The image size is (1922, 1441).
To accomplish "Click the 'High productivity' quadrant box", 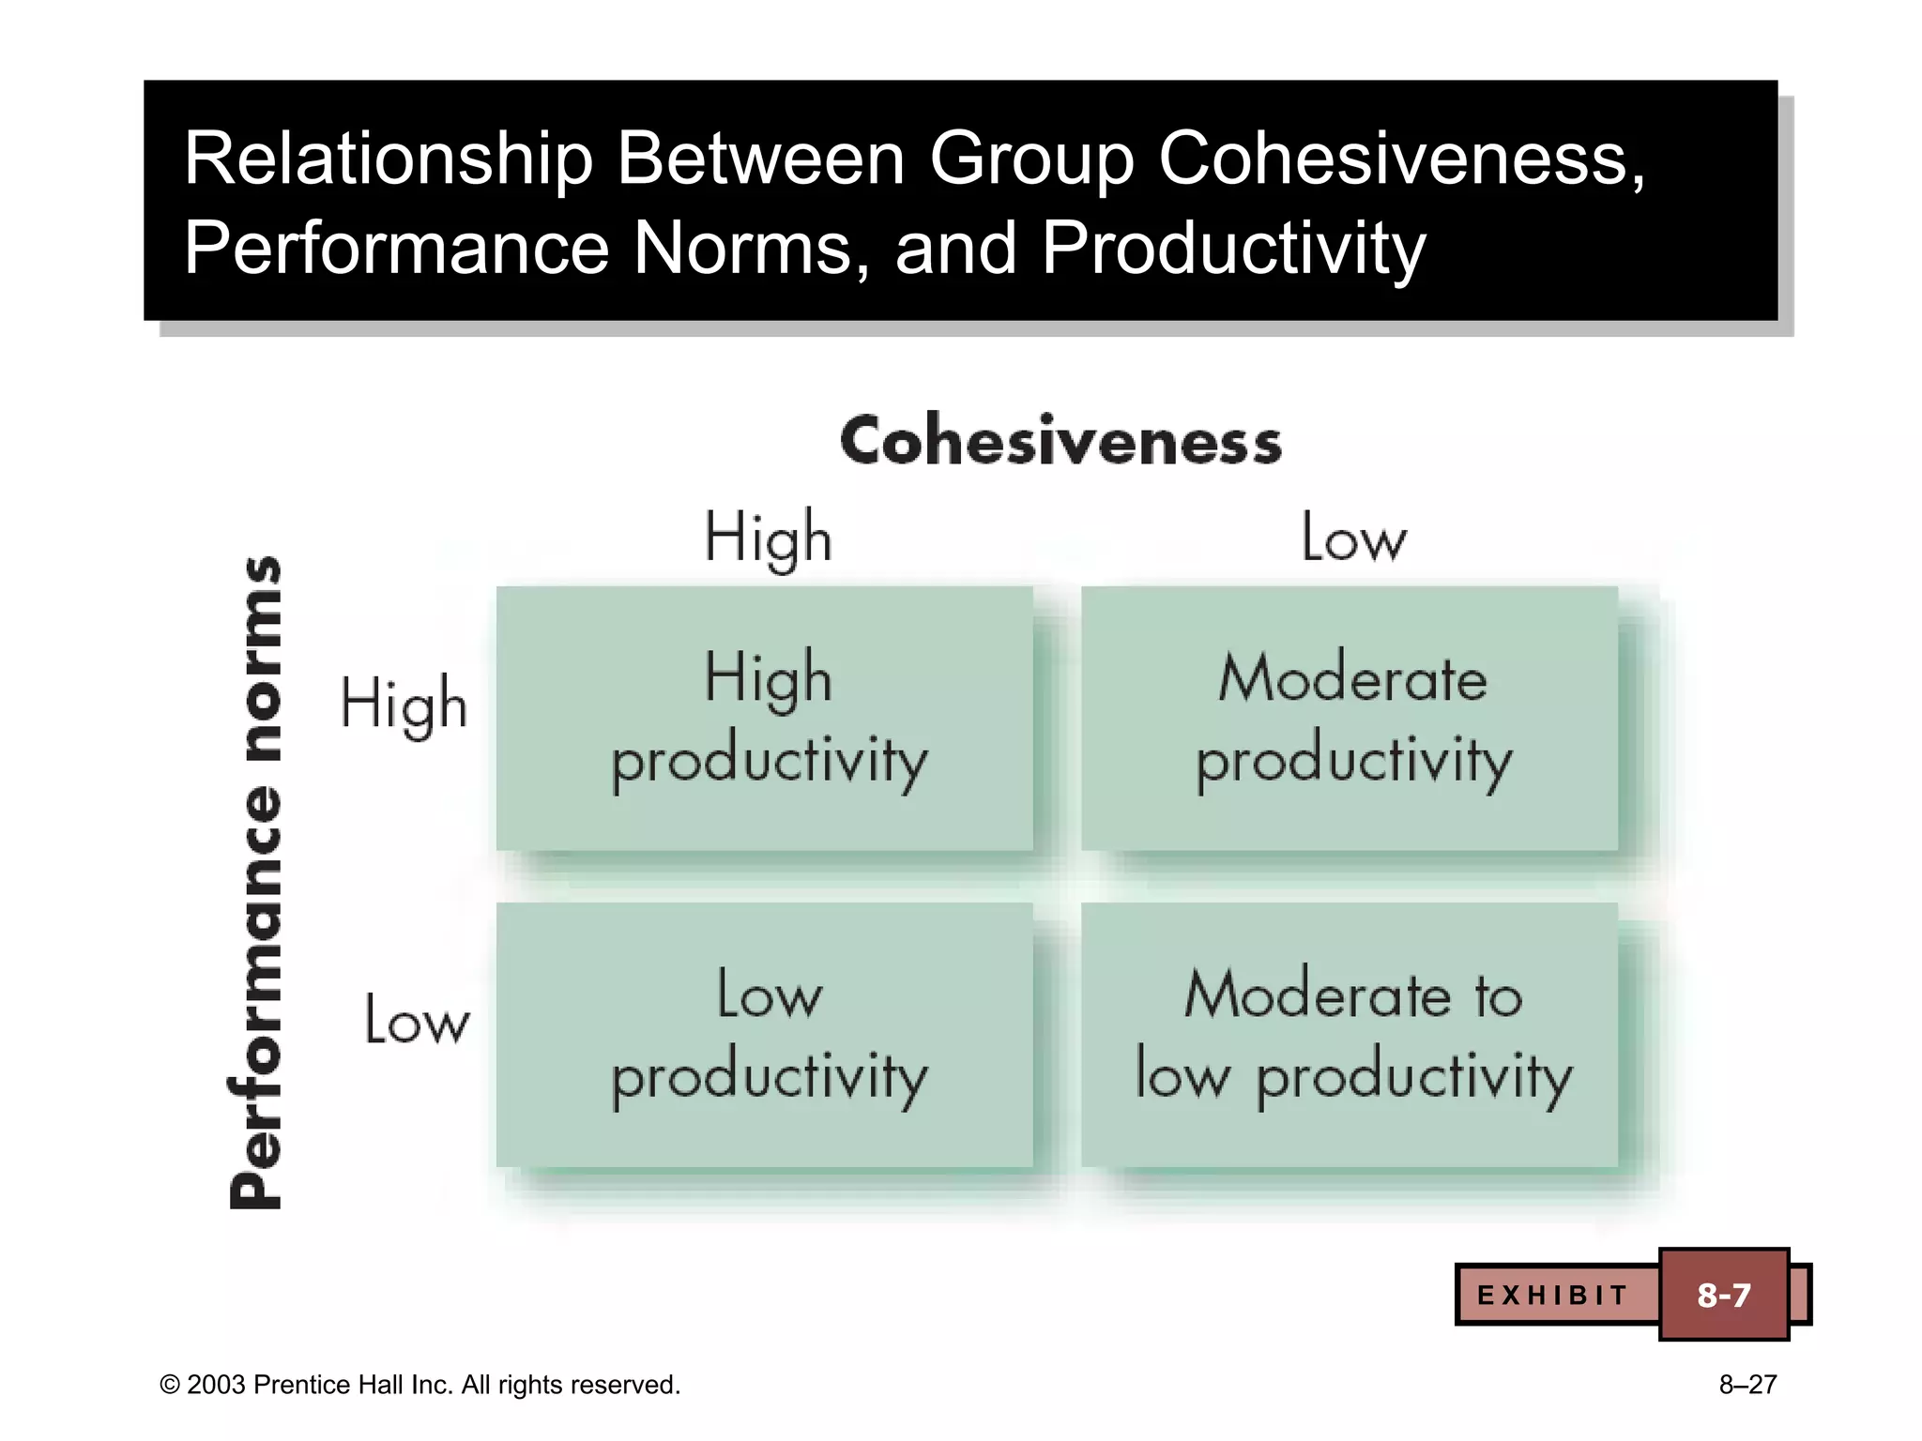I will point(765,719).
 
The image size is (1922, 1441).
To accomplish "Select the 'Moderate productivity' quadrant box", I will point(1350,719).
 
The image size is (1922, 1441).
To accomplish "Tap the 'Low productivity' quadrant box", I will point(765,1035).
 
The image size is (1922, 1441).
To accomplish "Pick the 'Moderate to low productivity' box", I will point(1350,1035).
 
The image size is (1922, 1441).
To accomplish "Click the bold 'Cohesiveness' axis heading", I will point(1060,441).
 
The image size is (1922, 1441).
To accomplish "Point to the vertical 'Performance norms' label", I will point(255,882).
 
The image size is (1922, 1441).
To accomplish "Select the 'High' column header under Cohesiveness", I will point(768,538).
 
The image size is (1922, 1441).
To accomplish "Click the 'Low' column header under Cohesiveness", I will point(1353,538).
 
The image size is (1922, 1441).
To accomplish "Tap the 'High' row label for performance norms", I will point(404,704).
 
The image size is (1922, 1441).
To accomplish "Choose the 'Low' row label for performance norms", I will point(417,1020).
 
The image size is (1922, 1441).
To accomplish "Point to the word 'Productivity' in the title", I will point(1233,249).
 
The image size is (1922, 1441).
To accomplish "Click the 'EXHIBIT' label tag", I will point(1553,1296).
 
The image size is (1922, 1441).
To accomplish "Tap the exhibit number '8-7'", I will point(1724,1296).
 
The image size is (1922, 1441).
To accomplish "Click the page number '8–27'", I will point(1747,1385).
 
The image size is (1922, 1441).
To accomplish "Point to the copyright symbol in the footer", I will point(170,1386).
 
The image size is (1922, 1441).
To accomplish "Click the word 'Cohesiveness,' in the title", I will point(1402,159).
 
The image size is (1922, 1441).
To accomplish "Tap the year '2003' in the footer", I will point(216,1385).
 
